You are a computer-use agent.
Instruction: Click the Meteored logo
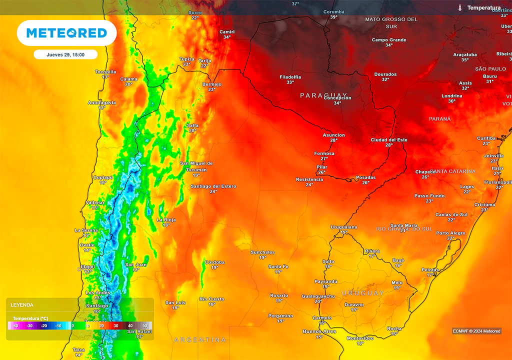coord(66,33)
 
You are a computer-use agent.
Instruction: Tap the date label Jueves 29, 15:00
coord(65,54)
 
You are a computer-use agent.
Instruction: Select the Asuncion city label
coord(333,135)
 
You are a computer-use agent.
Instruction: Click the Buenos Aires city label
coord(319,331)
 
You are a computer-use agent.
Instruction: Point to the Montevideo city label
coord(360,338)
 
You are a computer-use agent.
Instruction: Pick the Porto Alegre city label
coord(450,233)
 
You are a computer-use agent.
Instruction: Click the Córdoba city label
coord(214,262)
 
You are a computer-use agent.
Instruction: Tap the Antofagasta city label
coord(102,102)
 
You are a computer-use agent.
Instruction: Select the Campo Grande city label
coord(389,39)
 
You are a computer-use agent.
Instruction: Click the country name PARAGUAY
coord(323,95)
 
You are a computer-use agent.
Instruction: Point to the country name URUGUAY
coord(363,293)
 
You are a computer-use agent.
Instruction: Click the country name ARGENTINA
coord(200,340)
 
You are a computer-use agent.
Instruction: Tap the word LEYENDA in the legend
coord(22,304)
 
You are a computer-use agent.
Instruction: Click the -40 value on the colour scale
coord(15,325)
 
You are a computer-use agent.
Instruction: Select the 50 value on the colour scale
coord(144,325)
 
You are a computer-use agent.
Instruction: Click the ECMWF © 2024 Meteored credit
coord(476,331)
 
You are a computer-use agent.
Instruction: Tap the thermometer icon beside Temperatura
coord(459,7)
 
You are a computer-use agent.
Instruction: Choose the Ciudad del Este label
coord(389,140)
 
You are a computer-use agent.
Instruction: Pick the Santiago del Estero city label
coord(213,186)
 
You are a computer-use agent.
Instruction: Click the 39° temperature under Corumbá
coord(333,17)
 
